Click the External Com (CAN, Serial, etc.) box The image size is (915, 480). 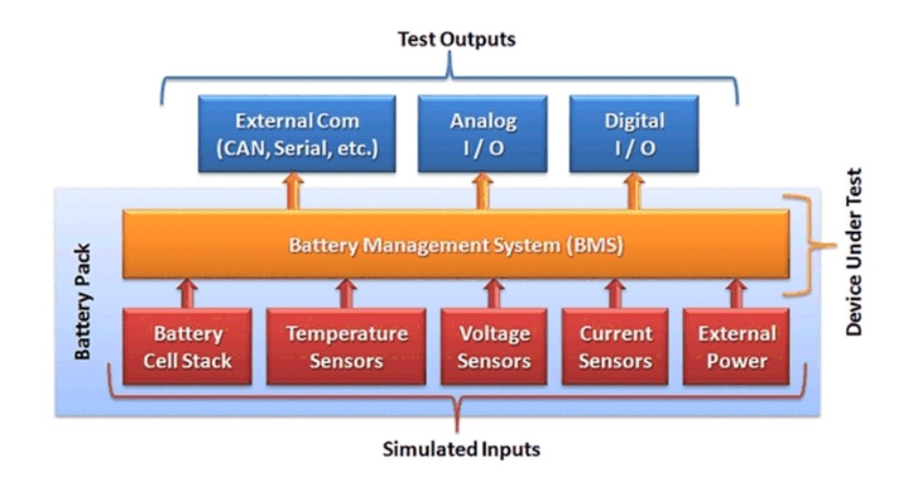(x=297, y=134)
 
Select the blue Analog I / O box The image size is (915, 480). (x=483, y=134)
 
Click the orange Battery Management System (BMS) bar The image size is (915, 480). (x=456, y=245)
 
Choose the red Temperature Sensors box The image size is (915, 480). (x=347, y=347)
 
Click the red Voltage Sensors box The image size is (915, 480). (x=494, y=347)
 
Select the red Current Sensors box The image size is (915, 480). (x=615, y=347)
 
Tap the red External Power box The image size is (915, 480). (x=737, y=347)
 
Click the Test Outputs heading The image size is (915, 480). (x=456, y=39)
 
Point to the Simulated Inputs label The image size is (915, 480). (x=461, y=448)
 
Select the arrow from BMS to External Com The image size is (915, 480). (x=293, y=192)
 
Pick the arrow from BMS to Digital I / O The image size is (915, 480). (x=632, y=192)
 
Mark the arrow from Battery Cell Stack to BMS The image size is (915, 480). (x=188, y=293)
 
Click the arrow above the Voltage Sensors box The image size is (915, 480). (x=494, y=293)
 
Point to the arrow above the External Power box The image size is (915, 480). (x=737, y=293)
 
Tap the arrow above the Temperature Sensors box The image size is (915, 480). (x=347, y=293)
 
